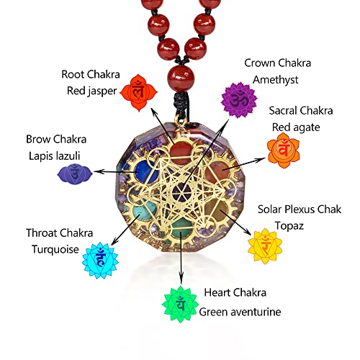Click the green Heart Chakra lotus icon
click(179, 304)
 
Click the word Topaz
click(274, 225)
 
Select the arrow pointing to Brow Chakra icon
click(119, 173)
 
